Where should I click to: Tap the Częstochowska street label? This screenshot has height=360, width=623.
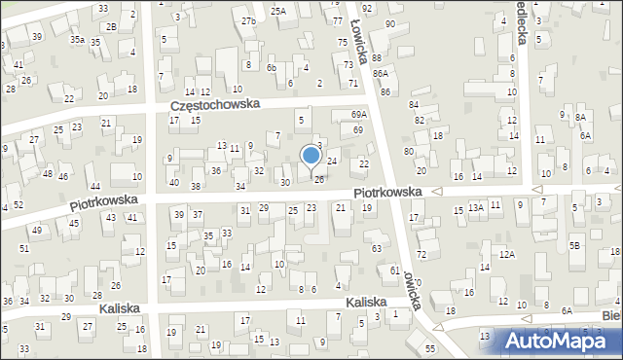coord(213,105)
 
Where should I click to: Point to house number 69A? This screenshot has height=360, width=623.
coord(359,114)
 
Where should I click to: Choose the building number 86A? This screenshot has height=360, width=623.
coord(380,73)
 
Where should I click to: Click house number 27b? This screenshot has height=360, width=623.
coord(248,20)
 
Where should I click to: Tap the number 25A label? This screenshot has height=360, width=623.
coord(278,11)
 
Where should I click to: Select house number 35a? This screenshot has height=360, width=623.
coord(77,40)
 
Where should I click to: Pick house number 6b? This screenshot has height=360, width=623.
coord(273,67)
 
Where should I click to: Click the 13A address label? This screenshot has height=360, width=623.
coord(475,208)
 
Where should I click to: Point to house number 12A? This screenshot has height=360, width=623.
coord(506,254)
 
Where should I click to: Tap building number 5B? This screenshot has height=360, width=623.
coord(574,245)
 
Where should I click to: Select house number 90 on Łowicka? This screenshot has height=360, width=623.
coord(390,23)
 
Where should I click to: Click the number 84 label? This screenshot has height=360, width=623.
coord(413,104)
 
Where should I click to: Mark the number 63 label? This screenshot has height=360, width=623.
coord(376,248)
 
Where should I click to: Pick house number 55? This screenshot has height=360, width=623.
coord(429,347)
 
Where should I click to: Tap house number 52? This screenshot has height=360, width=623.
coord(18,204)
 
